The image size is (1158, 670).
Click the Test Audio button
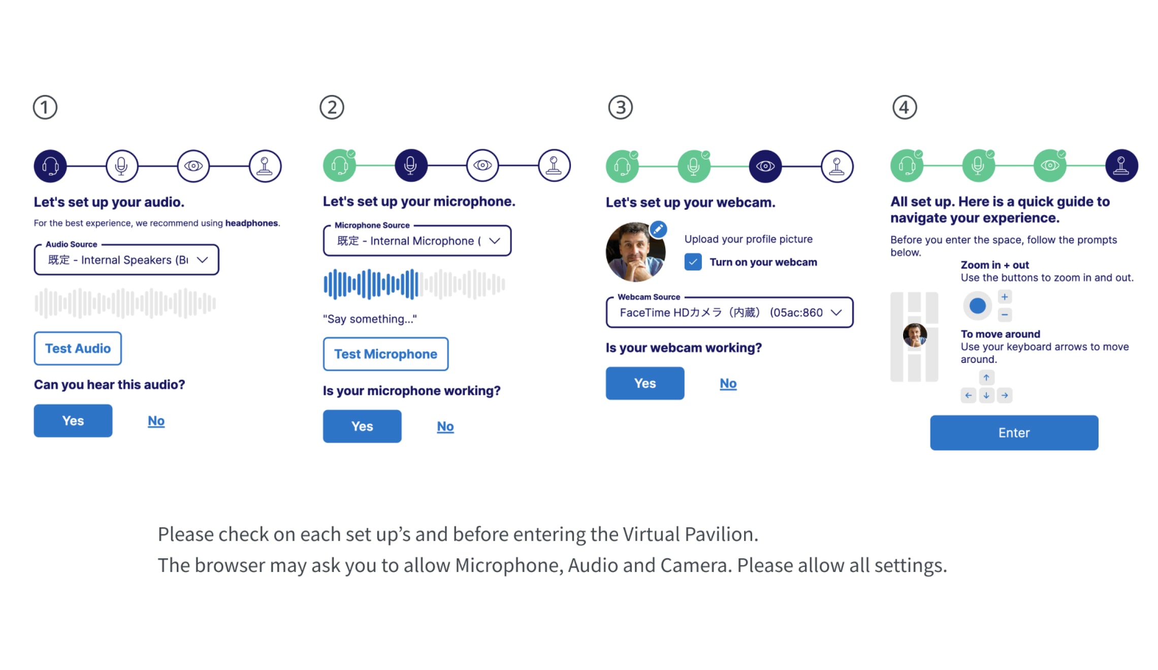78,348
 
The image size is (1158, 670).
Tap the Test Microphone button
385,354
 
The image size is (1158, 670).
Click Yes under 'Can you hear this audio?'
73,421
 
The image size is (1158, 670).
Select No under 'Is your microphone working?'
445,426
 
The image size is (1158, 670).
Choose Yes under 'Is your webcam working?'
645,383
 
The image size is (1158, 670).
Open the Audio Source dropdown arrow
203,260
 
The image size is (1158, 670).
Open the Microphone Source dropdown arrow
495,241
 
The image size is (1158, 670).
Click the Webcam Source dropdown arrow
836,312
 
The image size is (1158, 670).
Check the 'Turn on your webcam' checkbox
693,262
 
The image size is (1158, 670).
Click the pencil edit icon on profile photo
658,229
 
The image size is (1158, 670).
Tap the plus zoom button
1005,297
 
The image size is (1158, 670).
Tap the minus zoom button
1005,315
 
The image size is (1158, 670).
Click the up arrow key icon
986,377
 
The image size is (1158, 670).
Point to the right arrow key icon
1005,395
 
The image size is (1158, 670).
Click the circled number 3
620,108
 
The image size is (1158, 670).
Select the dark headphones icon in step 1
50,166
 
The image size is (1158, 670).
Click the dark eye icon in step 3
765,166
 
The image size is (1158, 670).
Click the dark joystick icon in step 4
1121,165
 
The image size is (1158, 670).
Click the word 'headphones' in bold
251,223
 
